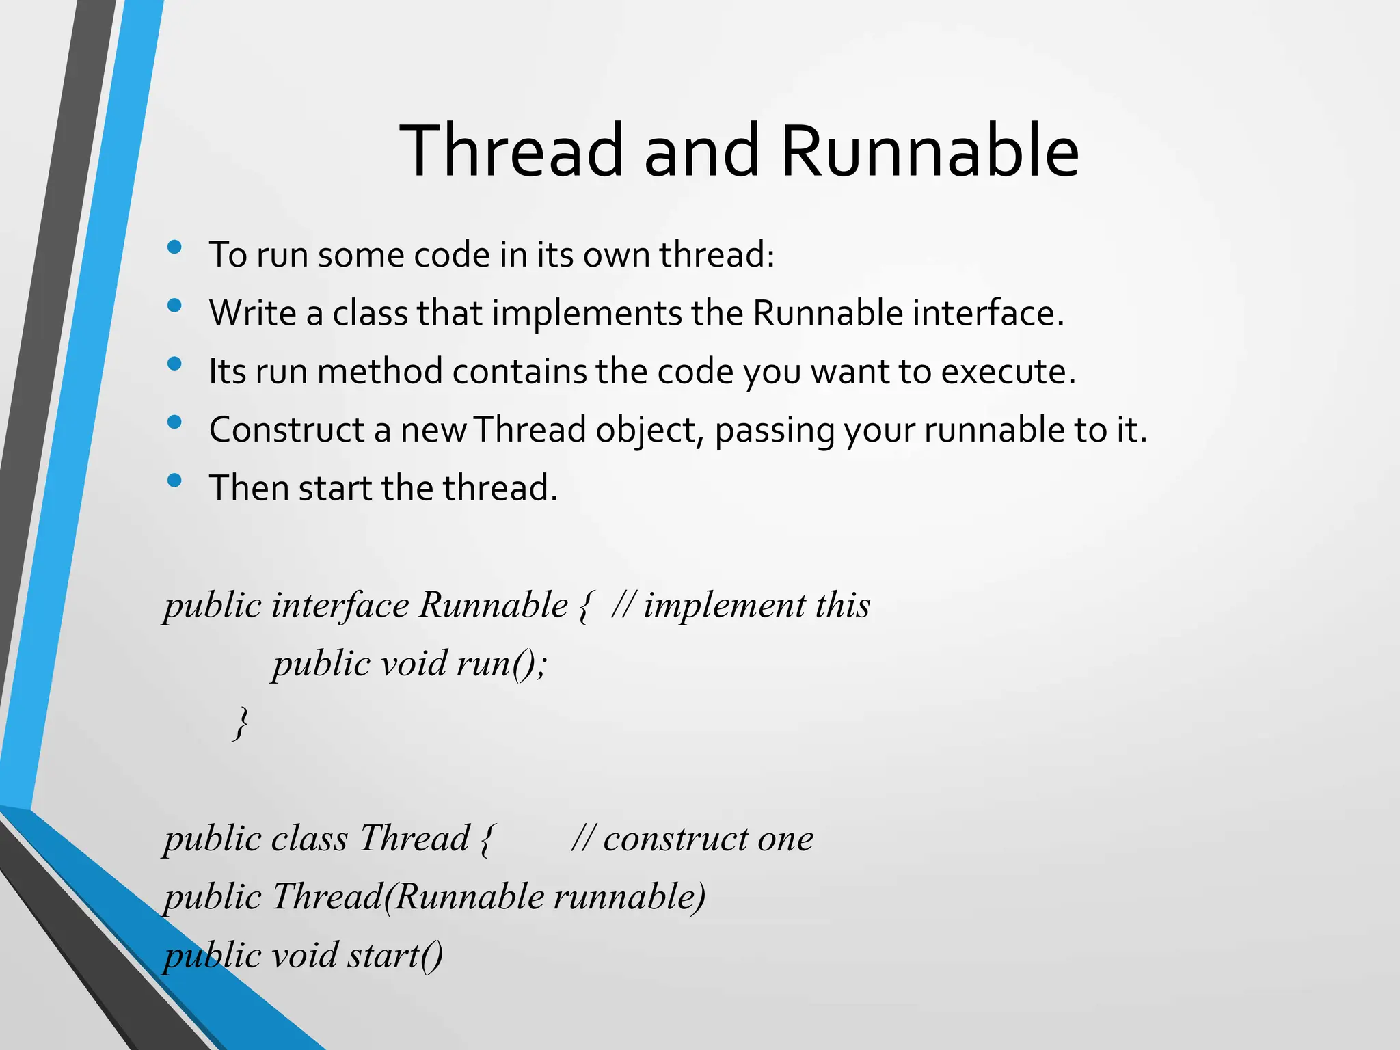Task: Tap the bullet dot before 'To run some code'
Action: (174, 247)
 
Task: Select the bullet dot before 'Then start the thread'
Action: (174, 481)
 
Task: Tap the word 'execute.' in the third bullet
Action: (1008, 371)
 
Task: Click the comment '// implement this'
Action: (741, 605)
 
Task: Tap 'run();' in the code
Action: (502, 664)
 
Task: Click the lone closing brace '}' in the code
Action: (240, 723)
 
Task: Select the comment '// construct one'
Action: (692, 839)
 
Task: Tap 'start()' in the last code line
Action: (394, 955)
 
